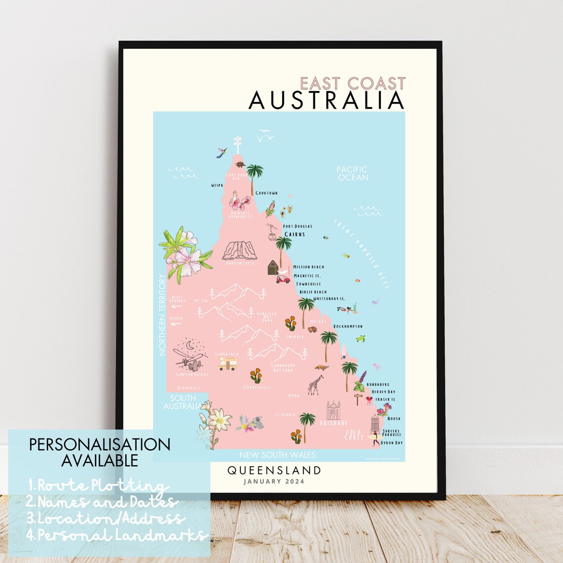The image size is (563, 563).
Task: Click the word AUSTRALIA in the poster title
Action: coord(326,100)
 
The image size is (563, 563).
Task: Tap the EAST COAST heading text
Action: coord(353,83)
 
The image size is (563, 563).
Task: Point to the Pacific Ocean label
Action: coord(352,173)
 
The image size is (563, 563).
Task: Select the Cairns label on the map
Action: coord(295,234)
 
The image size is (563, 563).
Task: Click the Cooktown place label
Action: coord(267,193)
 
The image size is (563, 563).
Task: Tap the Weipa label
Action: coord(217,186)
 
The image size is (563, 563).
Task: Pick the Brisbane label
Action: coord(334,423)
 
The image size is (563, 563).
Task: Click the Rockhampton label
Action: coord(348,326)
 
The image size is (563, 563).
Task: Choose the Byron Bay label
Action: coord(392,443)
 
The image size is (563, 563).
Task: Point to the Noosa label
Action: coord(394,419)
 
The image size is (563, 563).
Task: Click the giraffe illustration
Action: coord(315,385)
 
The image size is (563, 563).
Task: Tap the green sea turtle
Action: coord(361,339)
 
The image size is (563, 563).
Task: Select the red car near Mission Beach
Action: coord(283,280)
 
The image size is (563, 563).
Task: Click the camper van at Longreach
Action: coord(227,364)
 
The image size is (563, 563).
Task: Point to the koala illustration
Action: coord(257,422)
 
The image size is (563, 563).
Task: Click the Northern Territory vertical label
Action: coord(161,315)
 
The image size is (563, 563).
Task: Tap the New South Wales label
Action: coord(277,455)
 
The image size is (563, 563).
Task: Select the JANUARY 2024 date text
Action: coord(274,482)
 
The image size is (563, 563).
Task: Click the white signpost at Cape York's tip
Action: coord(238,144)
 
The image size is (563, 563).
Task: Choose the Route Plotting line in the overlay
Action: coord(99,486)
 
